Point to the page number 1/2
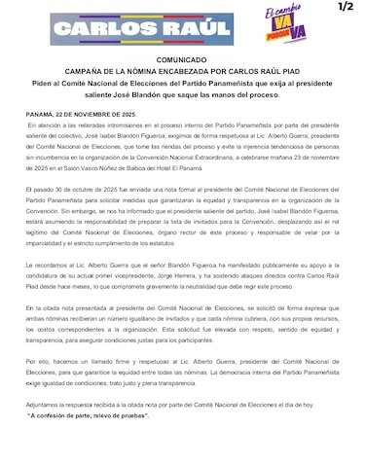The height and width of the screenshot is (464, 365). (346, 8)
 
